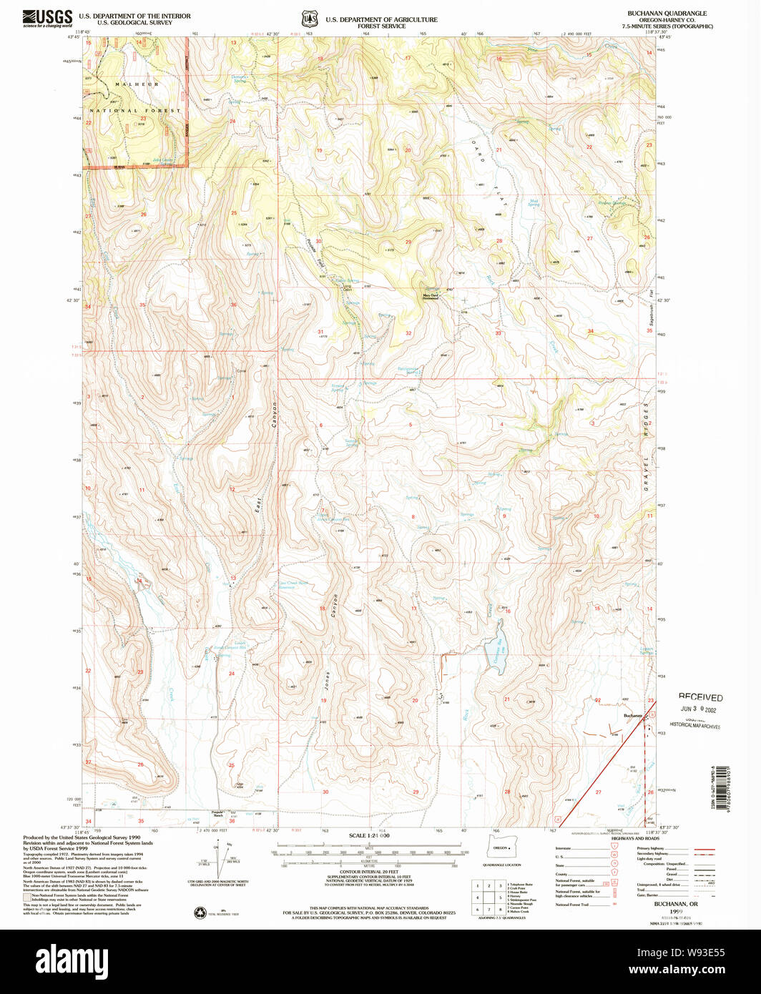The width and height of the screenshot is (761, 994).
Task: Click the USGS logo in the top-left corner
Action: pos(47,18)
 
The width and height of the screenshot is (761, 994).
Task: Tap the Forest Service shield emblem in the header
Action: pos(309,19)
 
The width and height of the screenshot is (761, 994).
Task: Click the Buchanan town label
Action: pos(632,715)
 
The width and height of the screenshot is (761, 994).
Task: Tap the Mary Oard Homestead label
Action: pos(430,297)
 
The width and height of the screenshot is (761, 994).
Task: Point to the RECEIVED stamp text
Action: pos(700,697)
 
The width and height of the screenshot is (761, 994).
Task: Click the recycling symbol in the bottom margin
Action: pos(200,912)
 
